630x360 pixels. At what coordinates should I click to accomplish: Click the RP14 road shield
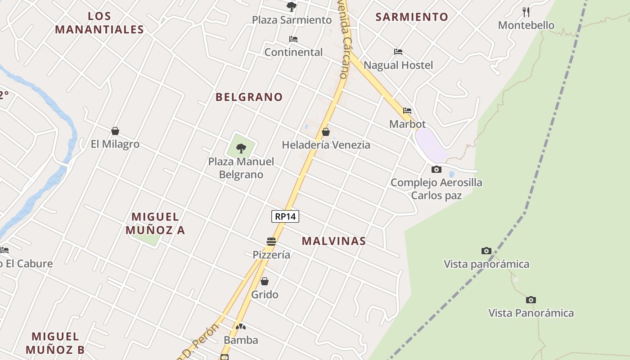pyautogui.click(x=285, y=216)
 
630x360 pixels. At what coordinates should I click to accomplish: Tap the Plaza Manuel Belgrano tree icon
pyautogui.click(x=241, y=148)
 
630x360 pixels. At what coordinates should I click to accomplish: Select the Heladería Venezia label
pyautogui.click(x=326, y=145)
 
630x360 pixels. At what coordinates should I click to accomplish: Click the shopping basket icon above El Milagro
pyautogui.click(x=115, y=131)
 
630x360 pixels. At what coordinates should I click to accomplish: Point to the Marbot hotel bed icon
pyautogui.click(x=407, y=111)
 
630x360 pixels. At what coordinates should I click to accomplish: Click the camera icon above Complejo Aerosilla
pyautogui.click(x=436, y=170)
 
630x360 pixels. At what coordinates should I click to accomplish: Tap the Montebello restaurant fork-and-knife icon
pyautogui.click(x=526, y=12)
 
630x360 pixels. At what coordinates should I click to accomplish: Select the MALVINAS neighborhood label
pyautogui.click(x=333, y=241)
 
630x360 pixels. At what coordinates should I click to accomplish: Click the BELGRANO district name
pyautogui.click(x=249, y=97)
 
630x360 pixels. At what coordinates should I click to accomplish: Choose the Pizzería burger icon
pyautogui.click(x=271, y=242)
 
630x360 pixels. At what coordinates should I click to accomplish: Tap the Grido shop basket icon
pyautogui.click(x=265, y=281)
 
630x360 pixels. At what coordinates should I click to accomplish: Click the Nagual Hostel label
pyautogui.click(x=398, y=65)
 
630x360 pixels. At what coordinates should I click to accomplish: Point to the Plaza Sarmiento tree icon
pyautogui.click(x=292, y=7)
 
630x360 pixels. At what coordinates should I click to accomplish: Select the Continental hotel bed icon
pyautogui.click(x=293, y=39)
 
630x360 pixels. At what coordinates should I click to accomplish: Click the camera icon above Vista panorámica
pyautogui.click(x=486, y=251)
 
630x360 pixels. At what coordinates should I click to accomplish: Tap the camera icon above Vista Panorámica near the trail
pyautogui.click(x=531, y=300)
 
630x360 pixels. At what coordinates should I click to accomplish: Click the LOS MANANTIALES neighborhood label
pyautogui.click(x=99, y=23)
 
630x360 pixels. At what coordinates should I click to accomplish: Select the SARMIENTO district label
pyautogui.click(x=412, y=17)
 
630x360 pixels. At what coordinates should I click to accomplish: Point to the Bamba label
pyautogui.click(x=241, y=340)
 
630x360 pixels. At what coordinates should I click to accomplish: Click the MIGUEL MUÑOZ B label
pyautogui.click(x=55, y=343)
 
